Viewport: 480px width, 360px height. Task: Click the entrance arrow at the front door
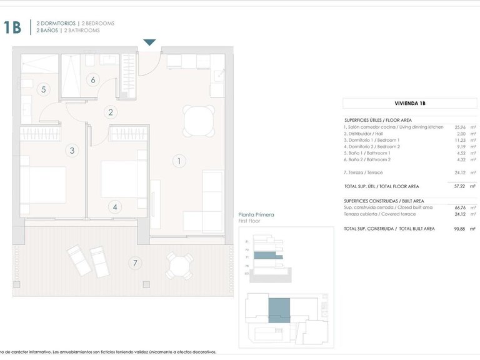click(149, 42)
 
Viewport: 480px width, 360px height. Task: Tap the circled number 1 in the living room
click(179, 161)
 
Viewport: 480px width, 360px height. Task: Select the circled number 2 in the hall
click(111, 112)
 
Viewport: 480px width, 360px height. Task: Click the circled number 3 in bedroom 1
click(72, 150)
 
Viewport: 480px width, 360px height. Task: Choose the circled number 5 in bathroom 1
click(43, 89)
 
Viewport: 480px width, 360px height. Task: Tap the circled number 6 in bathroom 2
click(92, 79)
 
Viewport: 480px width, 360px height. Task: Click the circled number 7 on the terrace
click(134, 263)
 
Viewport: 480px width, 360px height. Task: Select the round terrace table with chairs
click(179, 267)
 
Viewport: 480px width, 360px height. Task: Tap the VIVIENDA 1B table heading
click(410, 104)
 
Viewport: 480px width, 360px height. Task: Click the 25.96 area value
click(460, 127)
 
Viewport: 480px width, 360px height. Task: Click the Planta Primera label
click(256, 214)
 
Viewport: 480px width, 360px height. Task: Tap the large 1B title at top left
click(12, 27)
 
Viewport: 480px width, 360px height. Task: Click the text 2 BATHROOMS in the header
click(81, 30)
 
